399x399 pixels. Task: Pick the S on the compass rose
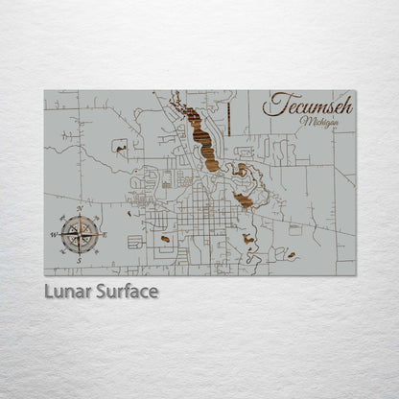[x=80, y=259]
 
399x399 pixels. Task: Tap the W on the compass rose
[x=55, y=234]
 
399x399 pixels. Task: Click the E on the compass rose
[x=105, y=234]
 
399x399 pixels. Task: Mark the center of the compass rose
[x=80, y=234]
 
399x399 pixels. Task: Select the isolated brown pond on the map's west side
[x=121, y=146]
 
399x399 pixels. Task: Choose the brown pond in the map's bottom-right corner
[x=291, y=256]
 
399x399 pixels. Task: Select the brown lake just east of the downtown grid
[x=244, y=200]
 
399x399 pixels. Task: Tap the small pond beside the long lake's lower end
[x=241, y=171]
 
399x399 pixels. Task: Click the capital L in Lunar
[x=49, y=291]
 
